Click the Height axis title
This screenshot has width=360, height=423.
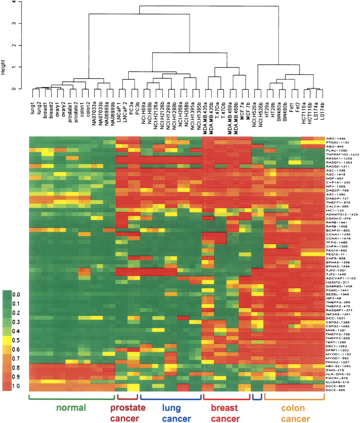coord(3,67)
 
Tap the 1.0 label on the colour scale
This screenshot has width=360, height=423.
coord(16,386)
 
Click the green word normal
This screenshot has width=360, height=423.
coord(71,407)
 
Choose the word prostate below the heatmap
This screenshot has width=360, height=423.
coord(127,407)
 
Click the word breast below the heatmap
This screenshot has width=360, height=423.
coord(224,408)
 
